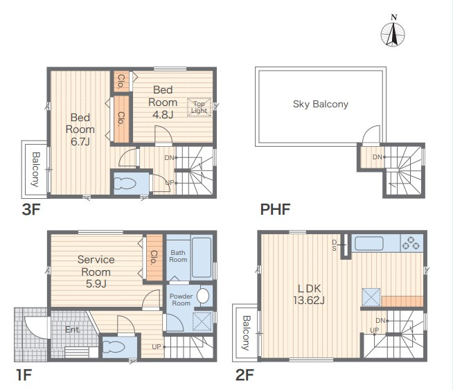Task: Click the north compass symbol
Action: [393, 31]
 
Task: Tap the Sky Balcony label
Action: [321, 104]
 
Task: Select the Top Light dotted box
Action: [199, 107]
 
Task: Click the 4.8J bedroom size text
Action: [163, 115]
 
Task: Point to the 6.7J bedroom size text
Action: [80, 141]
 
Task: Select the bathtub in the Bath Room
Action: [202, 257]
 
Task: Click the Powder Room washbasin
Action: [203, 296]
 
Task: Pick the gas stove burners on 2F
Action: [411, 242]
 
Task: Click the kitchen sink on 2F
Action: [369, 243]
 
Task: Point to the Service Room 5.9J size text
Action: [96, 284]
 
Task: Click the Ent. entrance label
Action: [73, 330]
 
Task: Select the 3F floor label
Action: [31, 209]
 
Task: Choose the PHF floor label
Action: [275, 209]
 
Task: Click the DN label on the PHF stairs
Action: [377, 157]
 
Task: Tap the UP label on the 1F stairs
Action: [157, 346]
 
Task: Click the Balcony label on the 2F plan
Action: [246, 333]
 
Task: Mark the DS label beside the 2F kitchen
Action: [335, 245]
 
